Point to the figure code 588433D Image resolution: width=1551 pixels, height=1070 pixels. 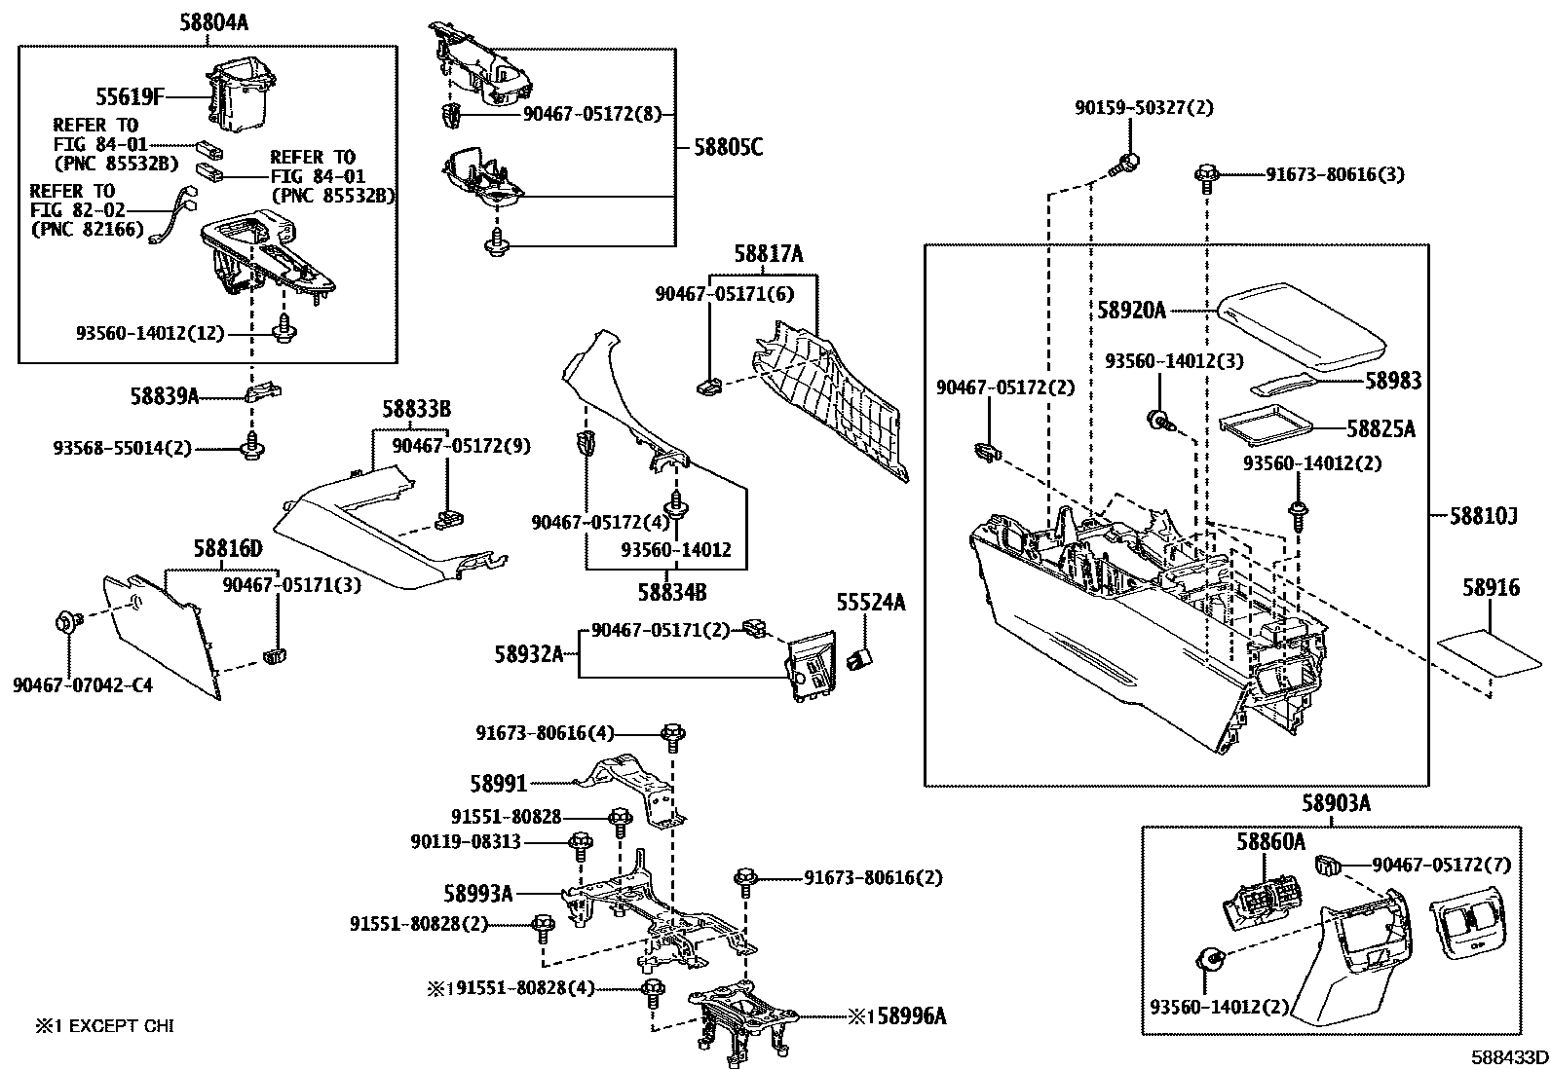pyautogui.click(x=1509, y=1057)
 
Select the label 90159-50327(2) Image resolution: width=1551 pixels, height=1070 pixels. pyautogui.click(x=1144, y=108)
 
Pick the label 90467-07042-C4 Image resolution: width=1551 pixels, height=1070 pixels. pyautogui.click(x=83, y=684)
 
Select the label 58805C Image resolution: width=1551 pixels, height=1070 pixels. pyautogui.click(x=728, y=147)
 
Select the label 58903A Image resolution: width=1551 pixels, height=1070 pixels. pyautogui.click(x=1336, y=803)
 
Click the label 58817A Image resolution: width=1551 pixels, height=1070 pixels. pyautogui.click(x=770, y=255)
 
